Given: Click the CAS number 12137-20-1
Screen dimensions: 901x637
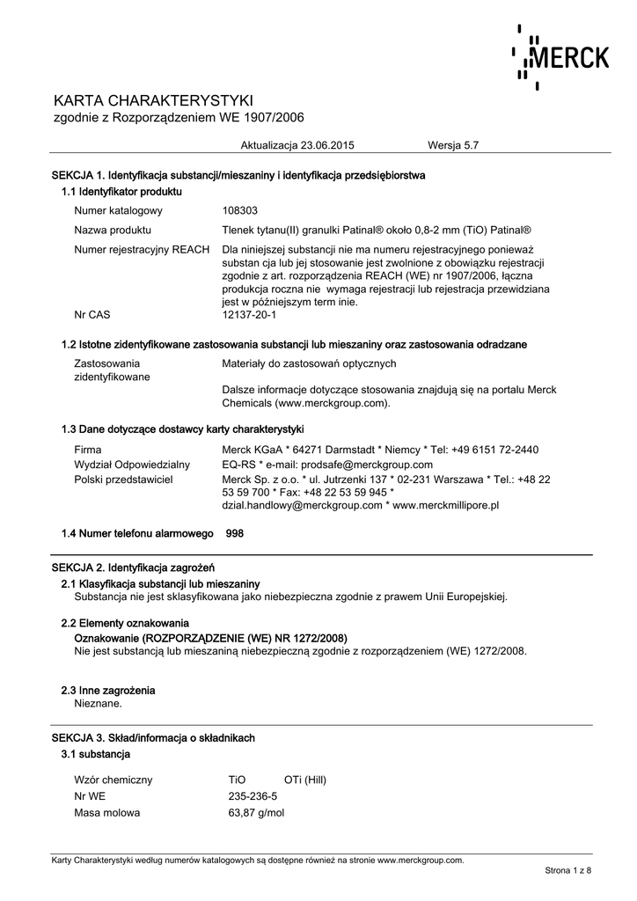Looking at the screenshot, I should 250,314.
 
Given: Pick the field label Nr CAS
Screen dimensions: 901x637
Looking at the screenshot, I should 92,314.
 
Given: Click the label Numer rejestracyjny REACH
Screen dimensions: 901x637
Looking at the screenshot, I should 143,249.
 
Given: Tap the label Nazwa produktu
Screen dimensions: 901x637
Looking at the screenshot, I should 113,230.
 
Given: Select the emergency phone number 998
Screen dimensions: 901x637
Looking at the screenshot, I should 235,533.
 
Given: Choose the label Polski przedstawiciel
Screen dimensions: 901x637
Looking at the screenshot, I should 123,480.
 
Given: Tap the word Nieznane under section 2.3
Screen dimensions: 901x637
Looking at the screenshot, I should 99,703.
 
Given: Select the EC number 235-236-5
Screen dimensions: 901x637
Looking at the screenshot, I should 253,796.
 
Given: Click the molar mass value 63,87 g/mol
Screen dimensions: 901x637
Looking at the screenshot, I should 256,813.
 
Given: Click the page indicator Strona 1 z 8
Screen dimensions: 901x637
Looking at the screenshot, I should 568,870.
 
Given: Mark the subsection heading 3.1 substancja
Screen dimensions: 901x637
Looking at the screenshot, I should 96,754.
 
